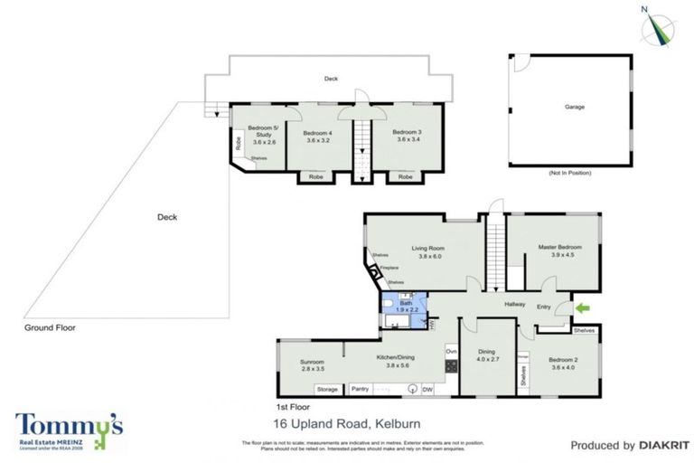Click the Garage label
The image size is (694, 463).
[x=574, y=107]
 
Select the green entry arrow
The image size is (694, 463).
[x=582, y=309]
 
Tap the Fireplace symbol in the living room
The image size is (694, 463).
[x=374, y=269]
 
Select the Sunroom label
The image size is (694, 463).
[x=311, y=365]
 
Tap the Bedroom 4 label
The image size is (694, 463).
[x=318, y=137]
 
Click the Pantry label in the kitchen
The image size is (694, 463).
[x=359, y=389]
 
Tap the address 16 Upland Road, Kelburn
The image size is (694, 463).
[x=346, y=423]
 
